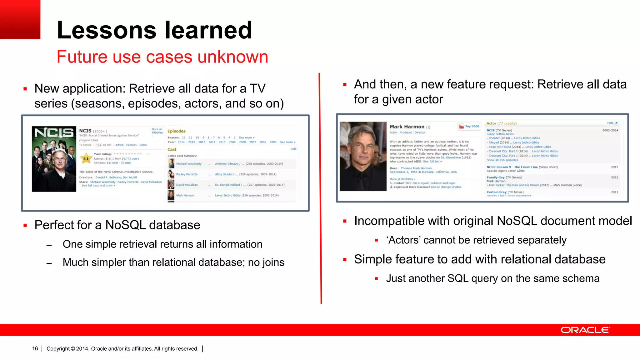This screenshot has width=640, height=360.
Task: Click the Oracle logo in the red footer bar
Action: [x=585, y=330]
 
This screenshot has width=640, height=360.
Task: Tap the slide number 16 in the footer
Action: [x=35, y=348]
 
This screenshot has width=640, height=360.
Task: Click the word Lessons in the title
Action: [x=107, y=30]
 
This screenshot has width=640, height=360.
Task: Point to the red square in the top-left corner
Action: [x=20, y=19]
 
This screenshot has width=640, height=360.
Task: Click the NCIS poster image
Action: [x=54, y=159]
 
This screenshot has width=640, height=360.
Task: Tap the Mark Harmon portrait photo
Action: [x=363, y=156]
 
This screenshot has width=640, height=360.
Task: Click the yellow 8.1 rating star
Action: [x=86, y=158]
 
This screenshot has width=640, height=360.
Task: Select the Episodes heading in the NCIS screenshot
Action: [x=176, y=131]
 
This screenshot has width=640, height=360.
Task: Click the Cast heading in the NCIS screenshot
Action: [x=172, y=149]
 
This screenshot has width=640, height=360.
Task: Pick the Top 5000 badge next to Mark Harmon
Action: [x=469, y=126]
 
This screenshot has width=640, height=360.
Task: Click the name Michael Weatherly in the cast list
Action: [x=189, y=164]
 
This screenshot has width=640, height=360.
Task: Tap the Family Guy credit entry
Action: [x=496, y=177]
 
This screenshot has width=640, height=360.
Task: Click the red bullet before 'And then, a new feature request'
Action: [x=345, y=85]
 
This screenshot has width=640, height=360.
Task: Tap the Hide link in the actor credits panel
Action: [x=610, y=123]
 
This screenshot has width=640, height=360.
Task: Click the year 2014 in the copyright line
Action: [x=82, y=348]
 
